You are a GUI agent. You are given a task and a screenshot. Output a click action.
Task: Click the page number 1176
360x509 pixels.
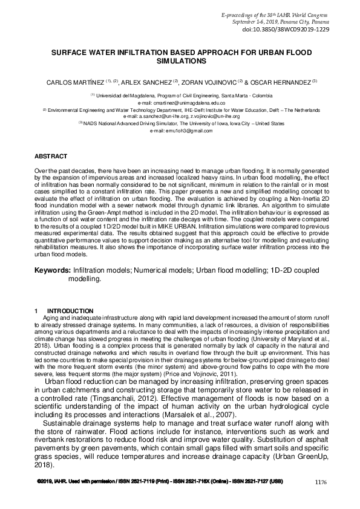(321, 482)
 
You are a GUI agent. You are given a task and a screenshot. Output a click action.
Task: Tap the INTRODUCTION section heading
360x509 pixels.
(70, 311)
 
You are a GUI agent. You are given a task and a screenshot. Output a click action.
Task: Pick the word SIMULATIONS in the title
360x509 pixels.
(180, 61)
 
